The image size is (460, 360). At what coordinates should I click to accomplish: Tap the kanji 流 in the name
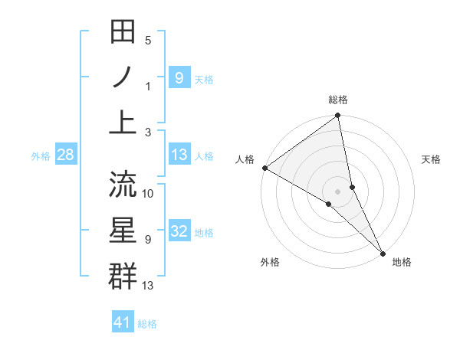pos(123,184)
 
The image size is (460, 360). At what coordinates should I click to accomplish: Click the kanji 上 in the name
pos(123,122)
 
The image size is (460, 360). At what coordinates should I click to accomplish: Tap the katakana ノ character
pos(123,77)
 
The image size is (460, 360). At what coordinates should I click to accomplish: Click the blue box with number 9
pos(179,77)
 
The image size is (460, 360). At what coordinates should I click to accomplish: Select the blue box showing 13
pos(179,155)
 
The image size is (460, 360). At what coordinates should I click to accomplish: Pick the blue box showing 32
pos(179,232)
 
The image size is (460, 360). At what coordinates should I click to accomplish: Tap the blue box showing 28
pos(65,155)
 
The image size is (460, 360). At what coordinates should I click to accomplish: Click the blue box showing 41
pos(123,323)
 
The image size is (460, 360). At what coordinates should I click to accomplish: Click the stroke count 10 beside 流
pos(149,193)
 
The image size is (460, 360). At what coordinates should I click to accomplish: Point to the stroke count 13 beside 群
pos(149,286)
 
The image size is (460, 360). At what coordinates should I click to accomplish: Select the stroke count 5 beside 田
pos(148,41)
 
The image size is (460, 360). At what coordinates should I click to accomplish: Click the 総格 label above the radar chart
pos(338,100)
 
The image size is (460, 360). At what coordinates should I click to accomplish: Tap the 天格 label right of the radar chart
pos(432,159)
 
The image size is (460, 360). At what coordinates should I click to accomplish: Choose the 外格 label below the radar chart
pos(269,263)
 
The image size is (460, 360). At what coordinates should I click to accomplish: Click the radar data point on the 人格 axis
pos(264,168)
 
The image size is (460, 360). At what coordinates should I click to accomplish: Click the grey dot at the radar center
pos(338,191)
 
